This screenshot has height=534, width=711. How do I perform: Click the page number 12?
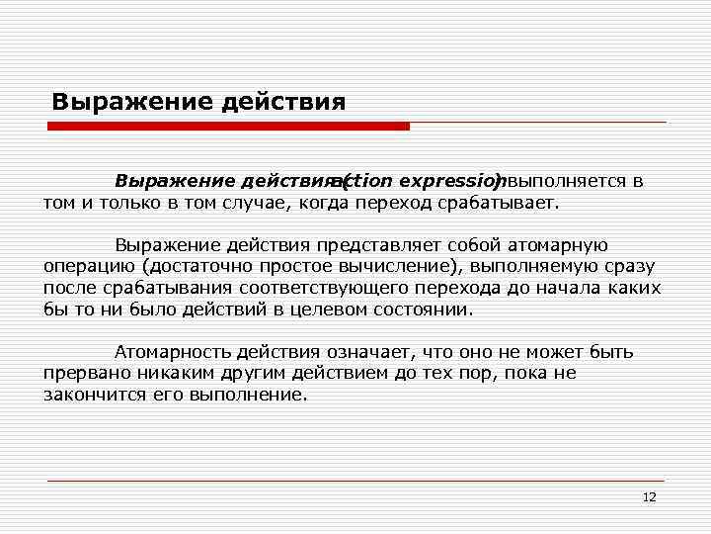pyautogui.click(x=649, y=496)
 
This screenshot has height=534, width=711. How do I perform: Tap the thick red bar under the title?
pyautogui.click(x=229, y=127)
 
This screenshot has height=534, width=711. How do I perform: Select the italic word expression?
pyautogui.click(x=443, y=182)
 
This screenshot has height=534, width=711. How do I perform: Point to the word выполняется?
pyautogui.click(x=566, y=182)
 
